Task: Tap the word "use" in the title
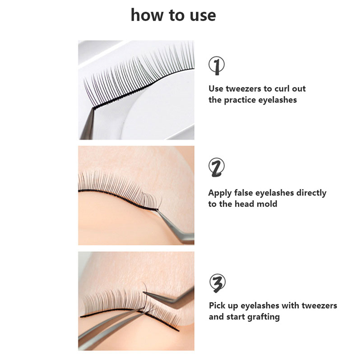coord(203,16)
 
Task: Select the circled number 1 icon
coord(217,65)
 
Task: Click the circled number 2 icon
coord(217,167)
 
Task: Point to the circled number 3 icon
coord(218,283)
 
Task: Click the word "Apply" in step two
coord(220,193)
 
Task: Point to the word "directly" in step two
coord(311,193)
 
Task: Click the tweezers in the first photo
coord(88,125)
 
